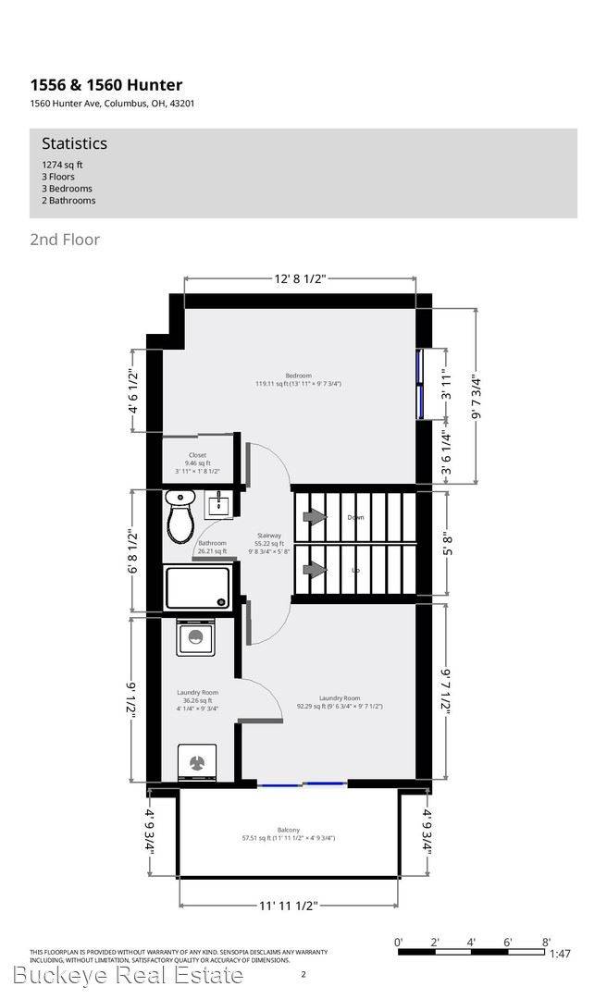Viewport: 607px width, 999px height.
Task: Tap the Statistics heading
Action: (74, 143)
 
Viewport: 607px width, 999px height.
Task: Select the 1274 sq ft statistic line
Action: (56, 165)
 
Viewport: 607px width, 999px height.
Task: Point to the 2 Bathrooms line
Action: (62, 201)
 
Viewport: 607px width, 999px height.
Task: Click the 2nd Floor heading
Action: (65, 240)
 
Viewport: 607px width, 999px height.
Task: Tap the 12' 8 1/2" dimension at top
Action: (300, 277)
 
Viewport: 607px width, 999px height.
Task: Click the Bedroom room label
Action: (298, 375)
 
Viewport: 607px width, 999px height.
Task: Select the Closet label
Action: (197, 455)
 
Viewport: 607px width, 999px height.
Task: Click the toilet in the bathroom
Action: (180, 517)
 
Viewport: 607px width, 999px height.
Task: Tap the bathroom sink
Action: (220, 505)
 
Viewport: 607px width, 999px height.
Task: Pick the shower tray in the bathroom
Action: (197, 587)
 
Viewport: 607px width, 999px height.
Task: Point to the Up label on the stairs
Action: (355, 570)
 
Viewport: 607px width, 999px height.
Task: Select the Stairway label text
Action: (269, 536)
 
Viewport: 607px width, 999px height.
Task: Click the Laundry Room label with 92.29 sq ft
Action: (339, 698)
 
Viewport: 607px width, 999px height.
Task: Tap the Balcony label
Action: (288, 830)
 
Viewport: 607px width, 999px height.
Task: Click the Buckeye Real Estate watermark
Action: (129, 975)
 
